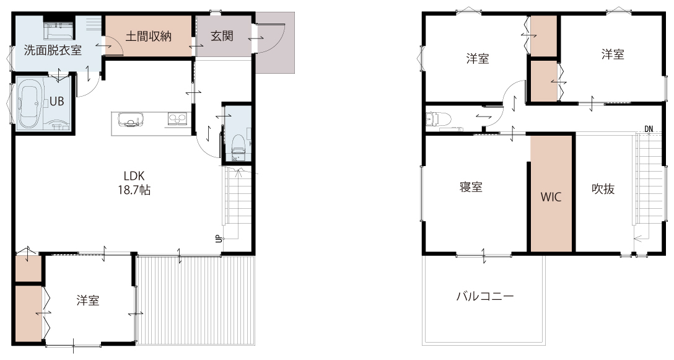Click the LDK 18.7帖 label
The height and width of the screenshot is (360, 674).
[134, 183]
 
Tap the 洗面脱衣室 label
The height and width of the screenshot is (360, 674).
[53, 50]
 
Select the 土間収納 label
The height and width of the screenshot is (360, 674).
[148, 37]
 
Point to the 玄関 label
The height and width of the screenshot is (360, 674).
[222, 36]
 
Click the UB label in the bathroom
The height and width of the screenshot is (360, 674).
[57, 101]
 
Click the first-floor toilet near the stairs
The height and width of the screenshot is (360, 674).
[238, 144]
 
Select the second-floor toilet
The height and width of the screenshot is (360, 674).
[438, 118]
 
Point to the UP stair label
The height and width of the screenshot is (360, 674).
[218, 238]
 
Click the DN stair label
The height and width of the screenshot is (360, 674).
[648, 129]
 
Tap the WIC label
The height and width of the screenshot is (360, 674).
[551, 197]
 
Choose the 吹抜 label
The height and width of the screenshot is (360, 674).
[603, 188]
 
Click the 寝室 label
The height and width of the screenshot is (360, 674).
[471, 187]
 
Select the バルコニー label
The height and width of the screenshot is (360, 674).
[485, 296]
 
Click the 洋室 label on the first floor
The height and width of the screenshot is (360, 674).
[88, 301]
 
